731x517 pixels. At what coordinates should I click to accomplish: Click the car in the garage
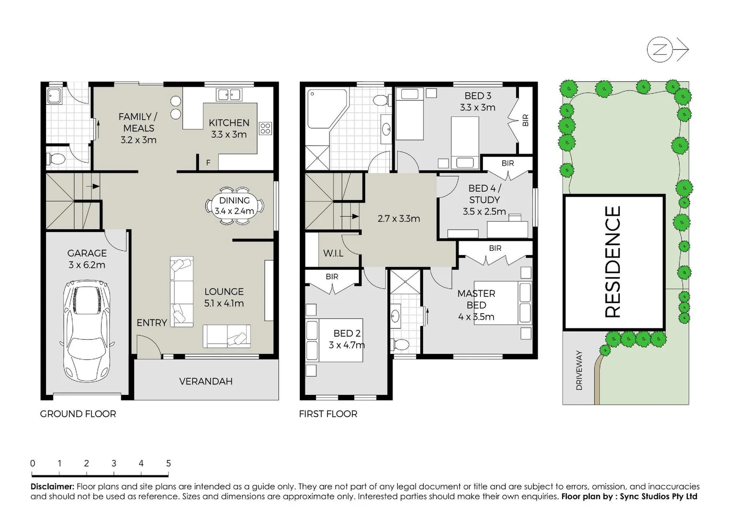87,330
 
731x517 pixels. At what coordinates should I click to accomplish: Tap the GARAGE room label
87,253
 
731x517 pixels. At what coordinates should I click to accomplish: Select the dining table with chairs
235,206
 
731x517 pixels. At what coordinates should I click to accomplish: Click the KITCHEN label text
229,123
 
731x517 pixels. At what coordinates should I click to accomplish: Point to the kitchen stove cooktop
265,128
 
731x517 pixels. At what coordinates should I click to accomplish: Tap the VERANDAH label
206,382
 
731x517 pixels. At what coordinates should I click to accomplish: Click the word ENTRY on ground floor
152,323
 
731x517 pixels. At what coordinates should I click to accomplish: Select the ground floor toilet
57,158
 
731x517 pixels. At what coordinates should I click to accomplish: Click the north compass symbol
660,49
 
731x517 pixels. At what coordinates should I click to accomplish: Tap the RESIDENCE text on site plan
613,262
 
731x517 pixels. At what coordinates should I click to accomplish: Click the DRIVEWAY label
579,370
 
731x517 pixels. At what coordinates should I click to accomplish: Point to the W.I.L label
333,253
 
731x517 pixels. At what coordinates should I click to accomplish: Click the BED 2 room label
347,333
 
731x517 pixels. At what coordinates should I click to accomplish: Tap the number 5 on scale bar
169,463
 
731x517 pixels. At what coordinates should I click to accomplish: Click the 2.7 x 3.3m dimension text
399,219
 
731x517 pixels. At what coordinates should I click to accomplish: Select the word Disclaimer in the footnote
52,487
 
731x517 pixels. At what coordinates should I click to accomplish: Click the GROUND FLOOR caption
78,414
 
